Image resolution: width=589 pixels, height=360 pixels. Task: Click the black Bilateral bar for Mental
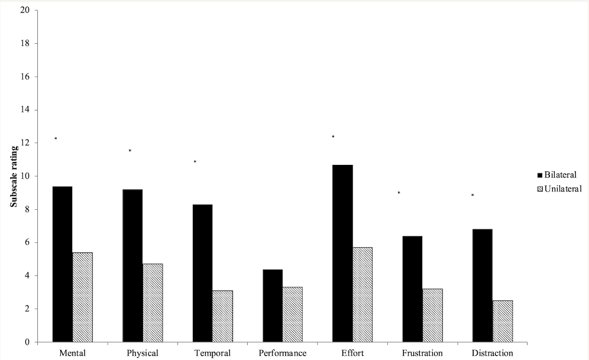click(62, 264)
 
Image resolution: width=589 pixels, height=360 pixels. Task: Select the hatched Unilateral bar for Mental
click(82, 297)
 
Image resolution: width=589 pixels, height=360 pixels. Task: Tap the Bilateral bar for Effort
click(342, 254)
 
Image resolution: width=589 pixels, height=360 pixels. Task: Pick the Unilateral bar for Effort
click(362, 294)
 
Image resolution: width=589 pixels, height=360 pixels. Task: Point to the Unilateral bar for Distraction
click(502, 321)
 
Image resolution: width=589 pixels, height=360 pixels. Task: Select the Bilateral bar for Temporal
click(202, 273)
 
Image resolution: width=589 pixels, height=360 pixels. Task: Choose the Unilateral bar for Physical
click(152, 303)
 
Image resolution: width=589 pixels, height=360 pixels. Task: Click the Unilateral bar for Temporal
click(222, 316)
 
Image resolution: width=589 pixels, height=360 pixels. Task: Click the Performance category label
click(282, 353)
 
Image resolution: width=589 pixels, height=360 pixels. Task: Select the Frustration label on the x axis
click(422, 353)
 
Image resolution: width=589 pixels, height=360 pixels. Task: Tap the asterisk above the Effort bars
click(333, 137)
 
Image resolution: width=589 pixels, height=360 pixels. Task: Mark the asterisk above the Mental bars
click(56, 139)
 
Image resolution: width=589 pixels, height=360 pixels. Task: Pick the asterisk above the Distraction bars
click(473, 195)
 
